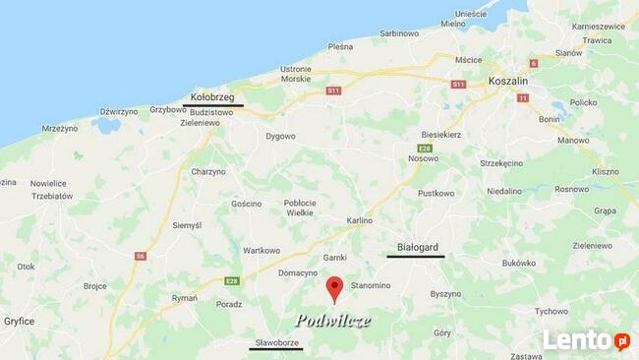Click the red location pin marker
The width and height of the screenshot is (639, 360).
coord(334,288)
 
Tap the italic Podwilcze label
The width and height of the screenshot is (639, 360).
coord(333,321)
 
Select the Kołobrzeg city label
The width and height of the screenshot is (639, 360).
coord(212,97)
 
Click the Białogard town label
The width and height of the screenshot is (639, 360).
coord(416,247)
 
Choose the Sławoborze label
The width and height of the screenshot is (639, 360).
coord(275,342)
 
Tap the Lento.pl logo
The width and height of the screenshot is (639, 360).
coord(586,340)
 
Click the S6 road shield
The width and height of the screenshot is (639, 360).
coord(141,256)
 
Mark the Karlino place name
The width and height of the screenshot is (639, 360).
coord(360,220)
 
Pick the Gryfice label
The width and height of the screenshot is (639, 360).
coord(18,321)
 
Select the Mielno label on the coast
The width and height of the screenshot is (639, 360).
coord(453,23)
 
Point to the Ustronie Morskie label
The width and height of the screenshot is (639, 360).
coord(296,74)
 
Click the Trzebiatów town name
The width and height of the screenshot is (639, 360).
coord(51,196)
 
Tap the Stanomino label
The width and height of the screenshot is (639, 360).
coord(371,285)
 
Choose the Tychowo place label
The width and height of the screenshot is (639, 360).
coord(552,311)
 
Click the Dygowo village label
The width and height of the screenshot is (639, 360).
coord(280,136)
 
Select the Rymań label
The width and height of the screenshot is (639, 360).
coord(185,297)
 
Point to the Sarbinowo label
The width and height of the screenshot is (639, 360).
coord(399,32)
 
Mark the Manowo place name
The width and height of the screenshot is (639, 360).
coord(573,141)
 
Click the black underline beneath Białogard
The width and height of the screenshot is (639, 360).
coord(416,257)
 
